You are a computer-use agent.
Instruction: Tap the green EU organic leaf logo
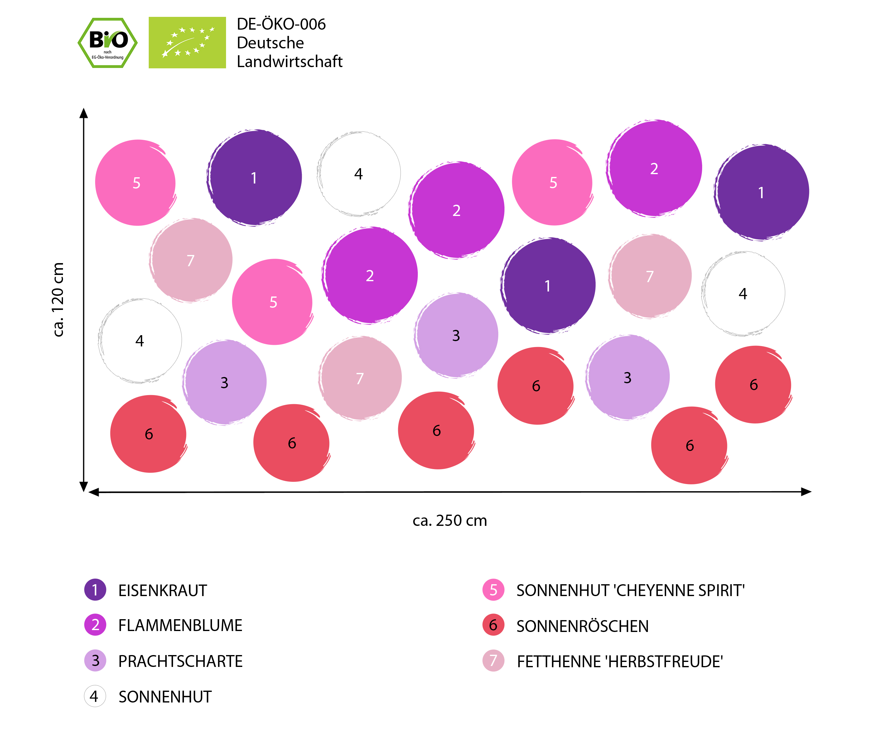click(187, 42)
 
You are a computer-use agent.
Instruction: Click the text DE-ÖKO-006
click(281, 24)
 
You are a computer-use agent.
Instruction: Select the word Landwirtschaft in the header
click(289, 61)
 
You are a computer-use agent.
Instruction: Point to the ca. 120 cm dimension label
click(58, 299)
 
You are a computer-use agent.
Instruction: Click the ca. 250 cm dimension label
click(450, 521)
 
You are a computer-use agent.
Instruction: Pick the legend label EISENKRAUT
click(163, 590)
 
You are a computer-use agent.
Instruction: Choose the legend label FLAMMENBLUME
click(180, 625)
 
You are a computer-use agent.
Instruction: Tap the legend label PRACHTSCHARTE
click(180, 661)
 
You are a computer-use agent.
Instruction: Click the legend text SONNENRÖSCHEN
click(582, 626)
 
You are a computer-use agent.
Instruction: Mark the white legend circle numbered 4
click(95, 696)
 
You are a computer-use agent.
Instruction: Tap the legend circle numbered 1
click(95, 590)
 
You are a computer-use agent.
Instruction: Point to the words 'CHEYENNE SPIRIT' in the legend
click(680, 590)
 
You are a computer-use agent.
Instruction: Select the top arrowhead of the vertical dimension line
click(84, 113)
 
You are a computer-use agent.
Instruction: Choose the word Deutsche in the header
click(270, 43)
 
